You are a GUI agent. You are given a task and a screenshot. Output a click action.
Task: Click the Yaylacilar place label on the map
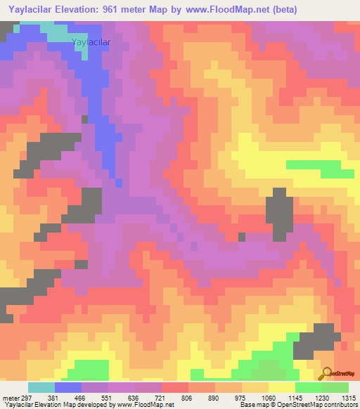pos(91,42)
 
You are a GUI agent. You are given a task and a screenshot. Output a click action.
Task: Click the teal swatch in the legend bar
pos(41,387)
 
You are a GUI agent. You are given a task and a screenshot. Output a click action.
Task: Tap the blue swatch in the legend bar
pos(68,387)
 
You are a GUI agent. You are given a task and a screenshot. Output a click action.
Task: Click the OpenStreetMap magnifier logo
pos(326,373)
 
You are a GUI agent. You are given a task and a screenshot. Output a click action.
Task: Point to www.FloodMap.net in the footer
pos(146,405)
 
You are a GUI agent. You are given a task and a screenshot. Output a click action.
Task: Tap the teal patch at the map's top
pos(56,30)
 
